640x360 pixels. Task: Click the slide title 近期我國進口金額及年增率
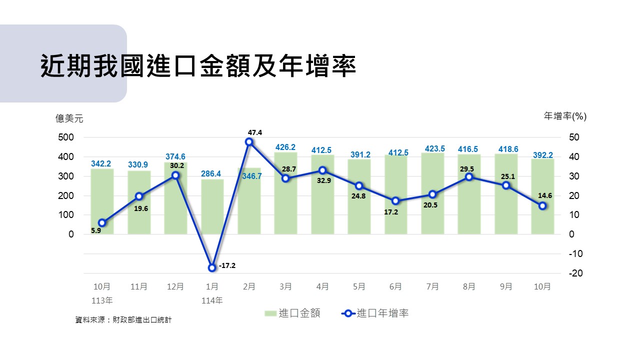pyautogui.click(x=198, y=66)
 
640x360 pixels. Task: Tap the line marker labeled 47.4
pyautogui.click(x=249, y=142)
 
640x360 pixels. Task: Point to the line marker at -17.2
pyautogui.click(x=212, y=267)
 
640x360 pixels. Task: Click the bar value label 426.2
pyautogui.click(x=285, y=147)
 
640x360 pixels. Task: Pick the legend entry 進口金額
pyautogui.click(x=292, y=313)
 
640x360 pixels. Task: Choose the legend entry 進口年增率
pyautogui.click(x=375, y=313)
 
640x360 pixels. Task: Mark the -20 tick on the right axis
pyautogui.click(x=575, y=273)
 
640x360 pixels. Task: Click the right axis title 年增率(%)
pyautogui.click(x=565, y=116)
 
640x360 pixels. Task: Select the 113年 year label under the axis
pyautogui.click(x=102, y=300)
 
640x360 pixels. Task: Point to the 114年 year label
pyautogui.click(x=212, y=300)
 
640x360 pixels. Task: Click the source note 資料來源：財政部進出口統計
pyautogui.click(x=123, y=319)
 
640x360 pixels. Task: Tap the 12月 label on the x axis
pyautogui.click(x=175, y=286)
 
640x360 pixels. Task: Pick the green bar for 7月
pyautogui.click(x=432, y=195)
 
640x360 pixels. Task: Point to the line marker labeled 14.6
pyautogui.click(x=542, y=205)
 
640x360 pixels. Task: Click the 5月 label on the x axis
pyautogui.click(x=359, y=286)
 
